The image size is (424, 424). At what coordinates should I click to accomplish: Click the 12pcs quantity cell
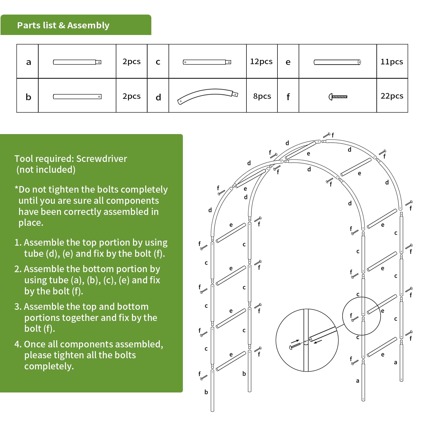[261, 61]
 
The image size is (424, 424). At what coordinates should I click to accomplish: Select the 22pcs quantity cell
[392, 96]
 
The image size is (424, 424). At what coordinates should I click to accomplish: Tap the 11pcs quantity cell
[392, 62]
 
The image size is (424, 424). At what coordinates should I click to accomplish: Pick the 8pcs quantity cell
[262, 96]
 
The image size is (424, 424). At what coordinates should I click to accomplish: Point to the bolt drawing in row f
[338, 97]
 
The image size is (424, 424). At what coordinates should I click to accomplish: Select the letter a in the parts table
[28, 62]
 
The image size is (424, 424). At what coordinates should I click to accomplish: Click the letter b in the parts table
[28, 97]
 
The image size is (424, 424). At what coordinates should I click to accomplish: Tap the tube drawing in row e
[337, 62]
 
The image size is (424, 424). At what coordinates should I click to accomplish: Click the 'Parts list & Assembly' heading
[63, 25]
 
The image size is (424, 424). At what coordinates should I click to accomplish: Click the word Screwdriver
[101, 158]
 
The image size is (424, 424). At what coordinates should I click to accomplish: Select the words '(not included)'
[46, 170]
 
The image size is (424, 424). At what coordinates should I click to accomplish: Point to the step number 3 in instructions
[17, 307]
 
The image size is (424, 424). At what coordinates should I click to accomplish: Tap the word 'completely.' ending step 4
[49, 366]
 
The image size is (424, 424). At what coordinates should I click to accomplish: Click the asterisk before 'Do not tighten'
[16, 188]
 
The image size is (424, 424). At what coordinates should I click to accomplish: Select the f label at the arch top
[333, 135]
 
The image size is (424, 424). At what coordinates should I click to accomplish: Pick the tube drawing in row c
[207, 62]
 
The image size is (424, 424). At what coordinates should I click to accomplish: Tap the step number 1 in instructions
[17, 242]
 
